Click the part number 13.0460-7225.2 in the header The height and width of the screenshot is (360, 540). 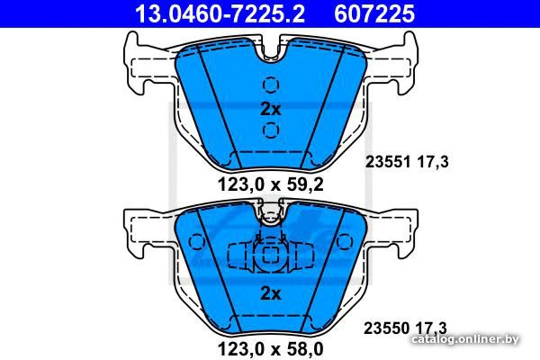220,13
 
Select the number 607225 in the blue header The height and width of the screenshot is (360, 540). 374,13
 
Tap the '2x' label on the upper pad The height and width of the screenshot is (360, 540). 271,109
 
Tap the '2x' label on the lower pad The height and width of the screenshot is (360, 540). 271,293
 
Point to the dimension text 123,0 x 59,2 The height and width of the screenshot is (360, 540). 271,185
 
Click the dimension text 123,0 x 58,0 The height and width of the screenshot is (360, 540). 271,349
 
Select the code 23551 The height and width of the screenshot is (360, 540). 388,162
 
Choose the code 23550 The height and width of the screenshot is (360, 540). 387,328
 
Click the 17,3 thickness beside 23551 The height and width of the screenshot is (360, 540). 433,162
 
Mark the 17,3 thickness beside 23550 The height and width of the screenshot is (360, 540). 431,328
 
